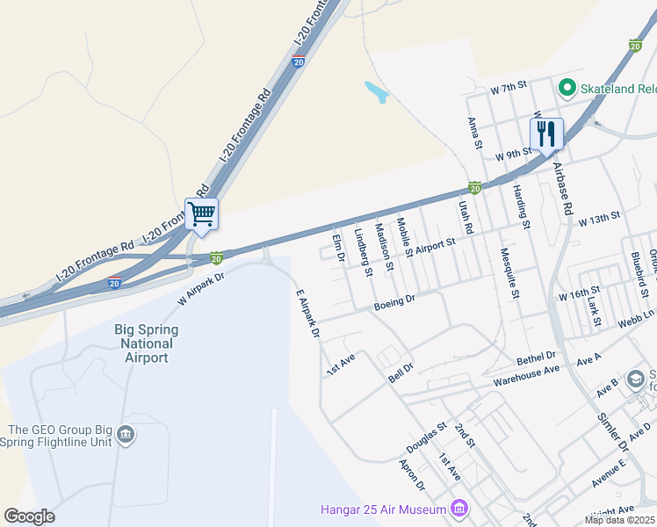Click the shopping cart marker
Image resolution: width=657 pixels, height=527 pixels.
coord(202,213)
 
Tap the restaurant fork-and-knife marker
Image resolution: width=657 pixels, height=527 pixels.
coord(546,134)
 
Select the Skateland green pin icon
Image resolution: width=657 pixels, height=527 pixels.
coord(567,88)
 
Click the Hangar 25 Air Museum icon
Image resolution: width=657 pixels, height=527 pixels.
coord(458,508)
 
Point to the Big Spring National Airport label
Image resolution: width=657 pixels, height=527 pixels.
coord(147,343)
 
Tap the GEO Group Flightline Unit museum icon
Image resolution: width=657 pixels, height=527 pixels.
coord(125,435)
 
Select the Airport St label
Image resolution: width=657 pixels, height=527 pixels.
coord(436,246)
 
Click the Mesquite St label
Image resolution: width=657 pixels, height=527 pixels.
coord(509,273)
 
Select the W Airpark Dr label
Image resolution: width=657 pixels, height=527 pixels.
coord(202,286)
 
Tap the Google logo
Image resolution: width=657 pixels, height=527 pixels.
coord(29,516)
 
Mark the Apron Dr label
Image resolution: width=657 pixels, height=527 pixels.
coord(412,474)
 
